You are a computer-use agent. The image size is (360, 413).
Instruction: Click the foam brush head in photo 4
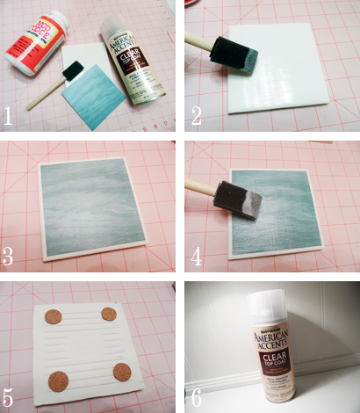coord(235,199)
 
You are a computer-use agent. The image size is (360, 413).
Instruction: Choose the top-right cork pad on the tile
coord(109,314)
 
